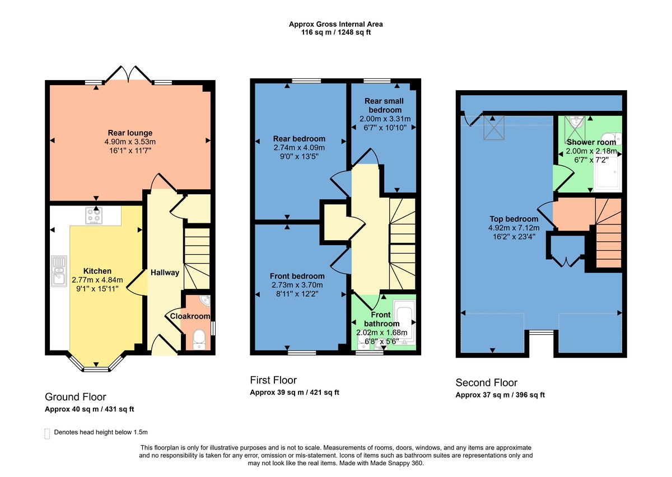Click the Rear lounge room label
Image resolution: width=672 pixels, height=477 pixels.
[130, 133]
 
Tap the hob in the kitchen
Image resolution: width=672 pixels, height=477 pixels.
[94, 216]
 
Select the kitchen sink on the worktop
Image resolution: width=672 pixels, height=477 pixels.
[59, 271]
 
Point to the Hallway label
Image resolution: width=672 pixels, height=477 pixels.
[165, 273]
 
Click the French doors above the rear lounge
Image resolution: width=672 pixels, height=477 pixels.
[129, 73]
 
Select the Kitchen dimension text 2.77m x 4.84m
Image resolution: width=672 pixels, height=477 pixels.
[97, 280]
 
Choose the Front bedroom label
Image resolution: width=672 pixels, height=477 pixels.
[297, 276]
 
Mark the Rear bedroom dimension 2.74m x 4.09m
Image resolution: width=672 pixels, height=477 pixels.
[299, 148]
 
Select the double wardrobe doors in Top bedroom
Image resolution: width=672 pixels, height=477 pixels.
[567, 260]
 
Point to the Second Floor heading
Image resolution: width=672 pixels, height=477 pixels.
[486, 383]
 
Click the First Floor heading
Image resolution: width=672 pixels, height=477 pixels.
[273, 380]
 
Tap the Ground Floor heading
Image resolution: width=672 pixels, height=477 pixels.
[75, 397]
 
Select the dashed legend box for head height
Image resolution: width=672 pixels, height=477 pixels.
[46, 433]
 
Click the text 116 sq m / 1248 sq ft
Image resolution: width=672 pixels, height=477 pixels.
[336, 32]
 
